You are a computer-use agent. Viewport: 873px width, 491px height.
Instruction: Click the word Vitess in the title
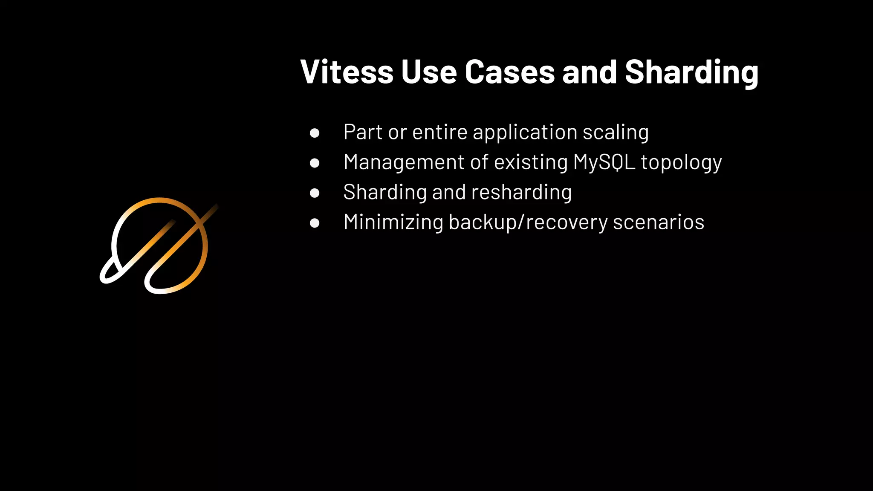click(347, 72)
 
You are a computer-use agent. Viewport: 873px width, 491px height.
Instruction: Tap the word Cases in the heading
click(509, 72)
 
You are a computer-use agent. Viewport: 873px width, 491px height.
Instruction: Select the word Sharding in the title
click(691, 73)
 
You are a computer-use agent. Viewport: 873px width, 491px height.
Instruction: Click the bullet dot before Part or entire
click(315, 133)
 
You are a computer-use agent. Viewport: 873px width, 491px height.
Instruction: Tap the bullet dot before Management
click(315, 163)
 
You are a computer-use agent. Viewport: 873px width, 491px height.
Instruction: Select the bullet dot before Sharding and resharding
click(315, 193)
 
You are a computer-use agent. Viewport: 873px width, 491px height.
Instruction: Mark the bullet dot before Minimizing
click(315, 223)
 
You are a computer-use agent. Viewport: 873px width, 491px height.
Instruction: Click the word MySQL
click(604, 162)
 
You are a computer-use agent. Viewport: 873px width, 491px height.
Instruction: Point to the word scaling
click(616, 133)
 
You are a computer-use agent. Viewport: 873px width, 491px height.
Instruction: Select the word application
click(525, 133)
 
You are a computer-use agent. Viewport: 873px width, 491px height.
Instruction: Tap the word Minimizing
click(393, 222)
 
